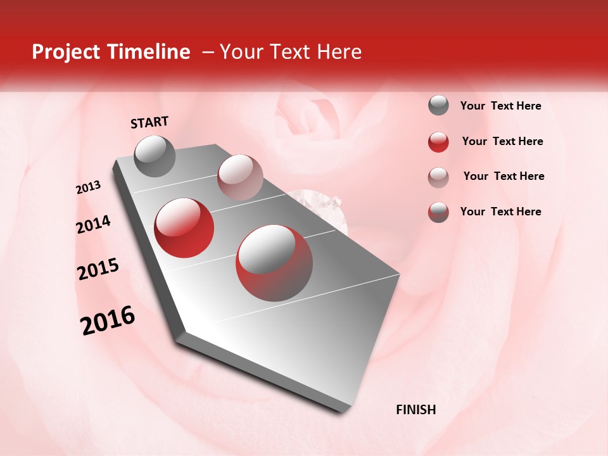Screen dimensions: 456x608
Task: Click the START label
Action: click(149, 122)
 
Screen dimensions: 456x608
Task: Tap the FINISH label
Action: click(415, 410)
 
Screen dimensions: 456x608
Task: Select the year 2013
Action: click(89, 187)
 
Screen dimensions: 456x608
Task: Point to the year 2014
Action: click(94, 225)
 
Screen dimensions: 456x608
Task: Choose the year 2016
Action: click(108, 320)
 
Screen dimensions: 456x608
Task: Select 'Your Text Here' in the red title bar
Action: click(290, 52)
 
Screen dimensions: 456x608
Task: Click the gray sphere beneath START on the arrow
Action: click(155, 156)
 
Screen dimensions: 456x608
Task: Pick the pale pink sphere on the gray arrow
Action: click(239, 177)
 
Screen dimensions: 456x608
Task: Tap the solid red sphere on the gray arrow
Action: click(184, 227)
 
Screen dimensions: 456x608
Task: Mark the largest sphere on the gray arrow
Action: click(274, 263)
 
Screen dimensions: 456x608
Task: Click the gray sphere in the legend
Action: click(438, 105)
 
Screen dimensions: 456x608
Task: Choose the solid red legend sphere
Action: click(438, 142)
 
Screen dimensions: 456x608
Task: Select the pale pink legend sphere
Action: click(438, 177)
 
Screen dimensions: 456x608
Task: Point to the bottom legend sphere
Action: click(438, 212)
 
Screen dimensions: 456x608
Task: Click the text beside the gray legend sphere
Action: click(500, 106)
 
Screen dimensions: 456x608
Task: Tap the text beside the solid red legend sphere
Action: click(502, 141)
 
